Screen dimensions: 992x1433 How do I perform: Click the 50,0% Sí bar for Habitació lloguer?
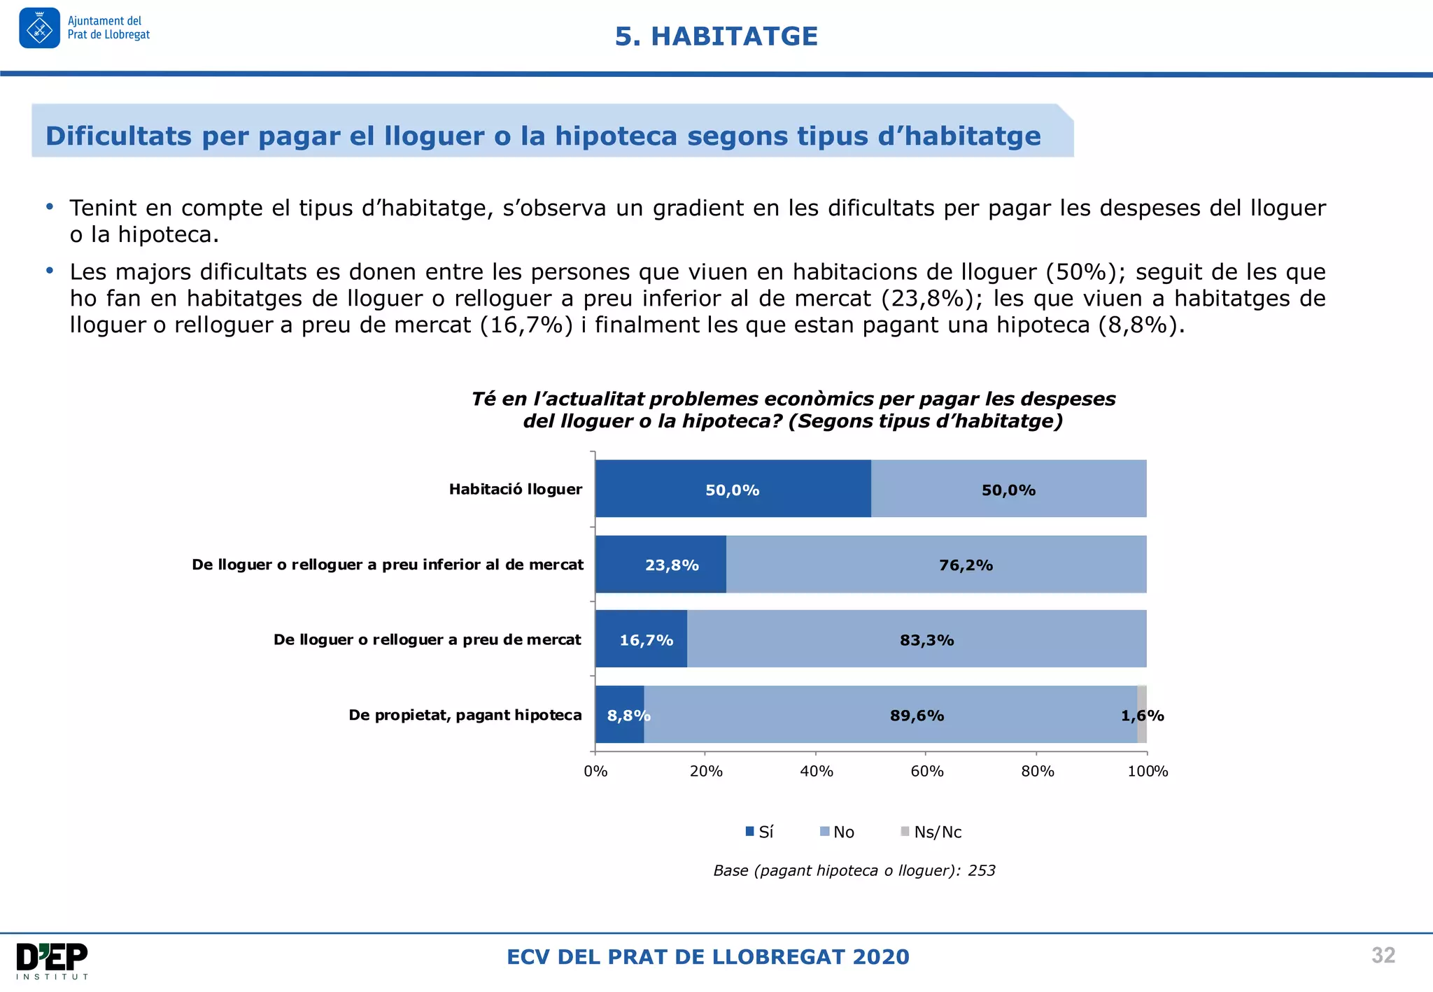(x=733, y=489)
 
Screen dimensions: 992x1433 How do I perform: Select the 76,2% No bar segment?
(x=936, y=565)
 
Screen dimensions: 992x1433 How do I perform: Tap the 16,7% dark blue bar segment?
(x=641, y=639)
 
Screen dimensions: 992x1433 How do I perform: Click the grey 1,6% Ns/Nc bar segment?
(x=1141, y=714)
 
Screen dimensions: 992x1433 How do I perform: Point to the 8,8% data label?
(x=628, y=716)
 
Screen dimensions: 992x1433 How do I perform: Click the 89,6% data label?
(x=917, y=716)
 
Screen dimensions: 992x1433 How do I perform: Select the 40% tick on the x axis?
(x=816, y=771)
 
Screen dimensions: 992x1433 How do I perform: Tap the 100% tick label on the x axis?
(x=1148, y=771)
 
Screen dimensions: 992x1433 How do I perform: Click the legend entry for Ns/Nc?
(x=931, y=832)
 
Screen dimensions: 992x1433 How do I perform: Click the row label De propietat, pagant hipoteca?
(x=465, y=715)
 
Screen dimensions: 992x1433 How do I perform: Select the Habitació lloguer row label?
(x=516, y=489)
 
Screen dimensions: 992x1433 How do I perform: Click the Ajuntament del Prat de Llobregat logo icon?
(x=40, y=28)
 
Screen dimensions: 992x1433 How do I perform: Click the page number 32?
(x=1383, y=956)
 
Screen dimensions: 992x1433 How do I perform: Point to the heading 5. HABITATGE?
(x=716, y=36)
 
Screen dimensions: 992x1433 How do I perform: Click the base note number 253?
(x=981, y=871)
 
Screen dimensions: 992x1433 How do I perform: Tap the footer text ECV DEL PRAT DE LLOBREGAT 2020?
(x=707, y=957)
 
